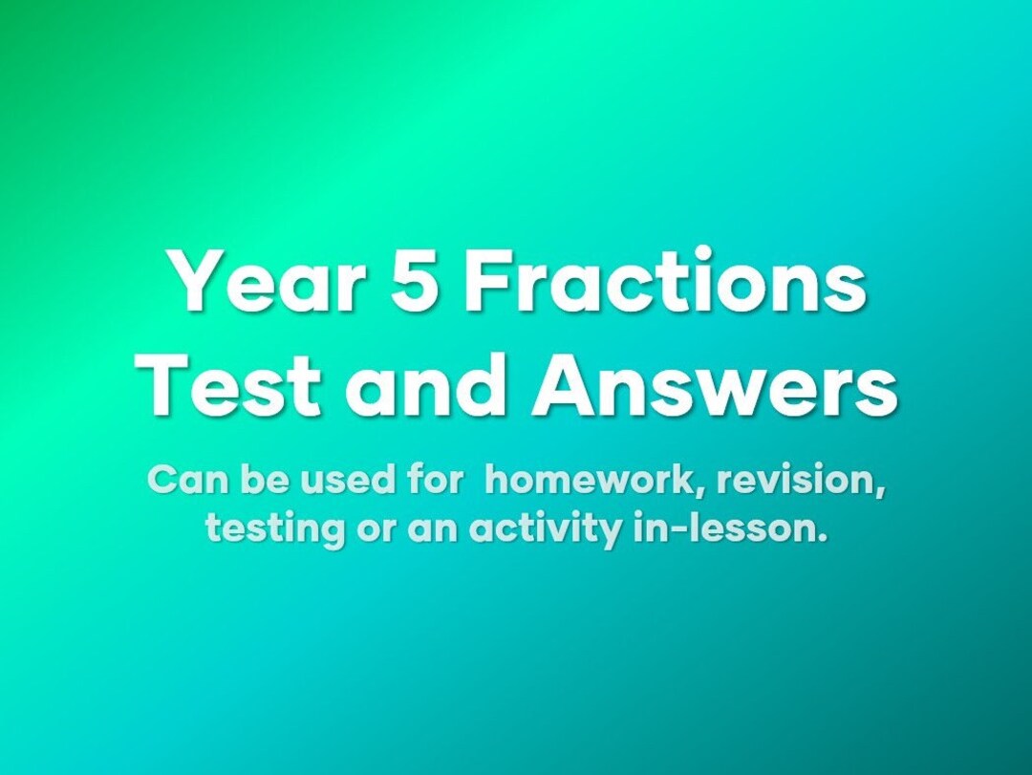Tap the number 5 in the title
[417, 283]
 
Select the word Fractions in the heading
[665, 283]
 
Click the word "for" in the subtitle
[436, 480]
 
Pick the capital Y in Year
[192, 283]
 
